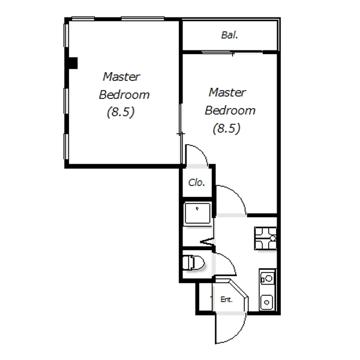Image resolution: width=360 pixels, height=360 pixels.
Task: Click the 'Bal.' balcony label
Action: [230, 35]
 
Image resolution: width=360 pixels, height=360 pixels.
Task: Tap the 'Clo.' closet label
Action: [196, 183]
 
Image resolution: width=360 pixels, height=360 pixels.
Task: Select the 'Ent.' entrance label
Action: [226, 299]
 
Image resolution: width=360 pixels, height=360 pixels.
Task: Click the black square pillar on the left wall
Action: [72, 63]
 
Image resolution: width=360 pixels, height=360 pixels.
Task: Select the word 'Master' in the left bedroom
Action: [121, 77]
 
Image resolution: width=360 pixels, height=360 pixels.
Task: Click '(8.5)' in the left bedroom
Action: [121, 112]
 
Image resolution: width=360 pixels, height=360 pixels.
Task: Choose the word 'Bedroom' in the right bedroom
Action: [230, 110]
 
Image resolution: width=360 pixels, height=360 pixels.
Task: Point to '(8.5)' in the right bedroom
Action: [226, 128]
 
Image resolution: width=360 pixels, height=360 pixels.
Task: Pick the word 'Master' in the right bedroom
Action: [227, 93]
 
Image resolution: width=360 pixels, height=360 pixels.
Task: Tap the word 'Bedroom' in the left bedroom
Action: [124, 94]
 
